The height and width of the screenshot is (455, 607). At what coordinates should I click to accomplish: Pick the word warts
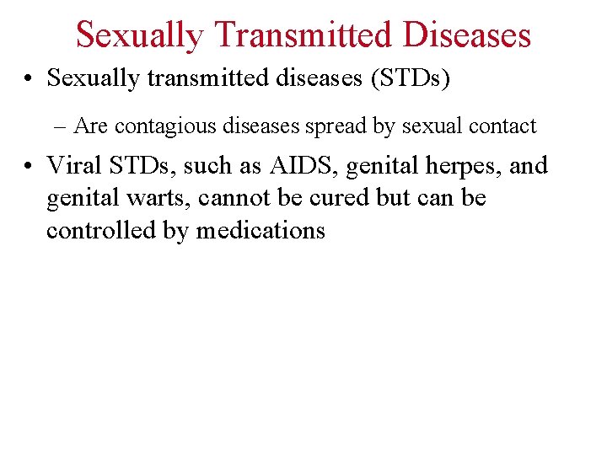point(158,198)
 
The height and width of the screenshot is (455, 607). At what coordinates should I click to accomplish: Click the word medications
point(261,230)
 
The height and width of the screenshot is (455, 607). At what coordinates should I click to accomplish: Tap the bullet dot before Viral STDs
point(30,166)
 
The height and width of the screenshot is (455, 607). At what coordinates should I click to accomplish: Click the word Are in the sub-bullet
point(90,126)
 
